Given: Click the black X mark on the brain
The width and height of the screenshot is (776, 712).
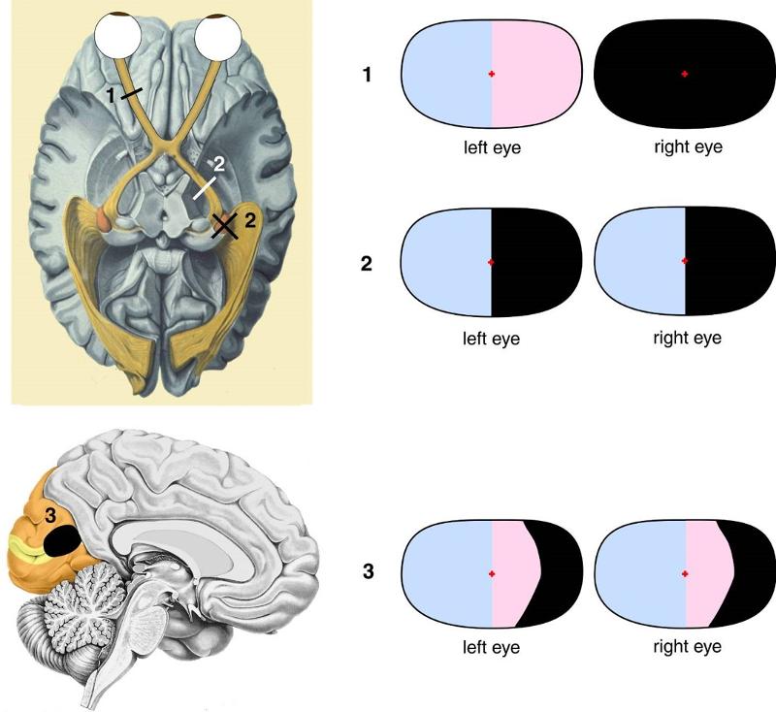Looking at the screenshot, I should (225, 225).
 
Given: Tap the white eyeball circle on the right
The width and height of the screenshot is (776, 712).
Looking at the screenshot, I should (217, 40).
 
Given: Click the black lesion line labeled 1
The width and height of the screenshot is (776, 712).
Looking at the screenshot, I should (133, 93).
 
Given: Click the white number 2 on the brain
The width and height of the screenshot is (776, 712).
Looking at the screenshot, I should (219, 163).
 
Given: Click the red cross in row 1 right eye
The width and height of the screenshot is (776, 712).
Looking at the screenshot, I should (685, 74).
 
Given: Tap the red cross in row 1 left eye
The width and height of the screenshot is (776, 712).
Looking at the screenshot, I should (492, 74).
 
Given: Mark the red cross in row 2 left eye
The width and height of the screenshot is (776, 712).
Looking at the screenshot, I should (492, 262).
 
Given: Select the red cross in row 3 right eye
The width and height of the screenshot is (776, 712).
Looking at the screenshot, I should (685, 574).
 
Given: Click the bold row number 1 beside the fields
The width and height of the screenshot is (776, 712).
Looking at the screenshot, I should (367, 74).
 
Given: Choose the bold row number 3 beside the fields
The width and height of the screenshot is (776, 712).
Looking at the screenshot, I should (367, 571).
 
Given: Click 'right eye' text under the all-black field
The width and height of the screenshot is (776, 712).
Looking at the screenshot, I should (685, 148).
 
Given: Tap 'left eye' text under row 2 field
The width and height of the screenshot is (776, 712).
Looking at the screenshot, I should (492, 339).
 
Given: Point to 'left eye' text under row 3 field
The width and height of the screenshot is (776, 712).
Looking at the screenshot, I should (492, 646).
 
